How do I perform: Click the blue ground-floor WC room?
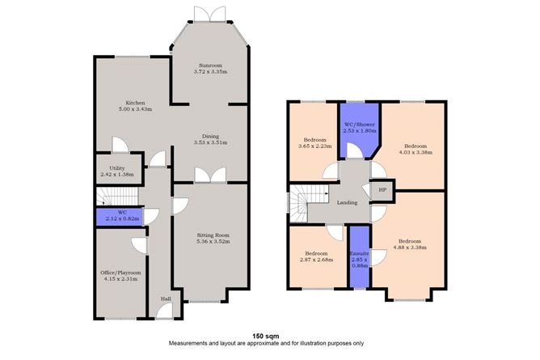pos(117,216)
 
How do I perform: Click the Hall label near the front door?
pos(166,299)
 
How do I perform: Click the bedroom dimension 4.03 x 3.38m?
pos(416,151)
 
